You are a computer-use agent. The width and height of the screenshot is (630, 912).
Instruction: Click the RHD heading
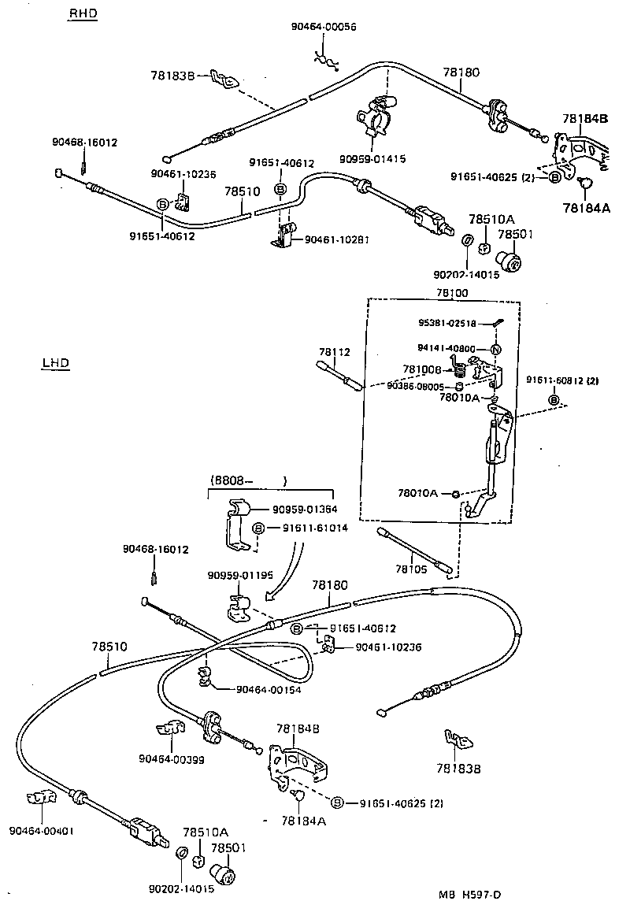point(83,14)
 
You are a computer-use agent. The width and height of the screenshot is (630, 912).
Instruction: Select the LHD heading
point(54,363)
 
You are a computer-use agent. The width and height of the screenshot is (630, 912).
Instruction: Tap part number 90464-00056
point(323,27)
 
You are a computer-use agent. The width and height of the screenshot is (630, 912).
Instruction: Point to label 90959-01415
point(372,158)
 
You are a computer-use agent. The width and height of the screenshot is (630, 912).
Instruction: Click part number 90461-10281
point(336,239)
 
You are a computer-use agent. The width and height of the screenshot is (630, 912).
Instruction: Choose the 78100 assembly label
point(452,292)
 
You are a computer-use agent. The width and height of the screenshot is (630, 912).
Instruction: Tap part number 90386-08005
point(415,386)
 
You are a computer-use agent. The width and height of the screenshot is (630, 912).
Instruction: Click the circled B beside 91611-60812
point(553,400)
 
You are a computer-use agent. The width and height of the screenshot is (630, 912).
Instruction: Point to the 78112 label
point(334,351)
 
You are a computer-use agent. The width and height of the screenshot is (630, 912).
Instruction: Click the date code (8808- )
point(247,480)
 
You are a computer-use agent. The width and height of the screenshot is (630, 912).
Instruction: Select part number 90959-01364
point(305,510)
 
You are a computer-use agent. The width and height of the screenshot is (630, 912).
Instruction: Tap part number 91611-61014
point(310,528)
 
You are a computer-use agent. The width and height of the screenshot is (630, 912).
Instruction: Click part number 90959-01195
point(240,574)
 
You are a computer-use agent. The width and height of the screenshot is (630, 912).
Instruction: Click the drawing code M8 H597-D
point(470,895)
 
